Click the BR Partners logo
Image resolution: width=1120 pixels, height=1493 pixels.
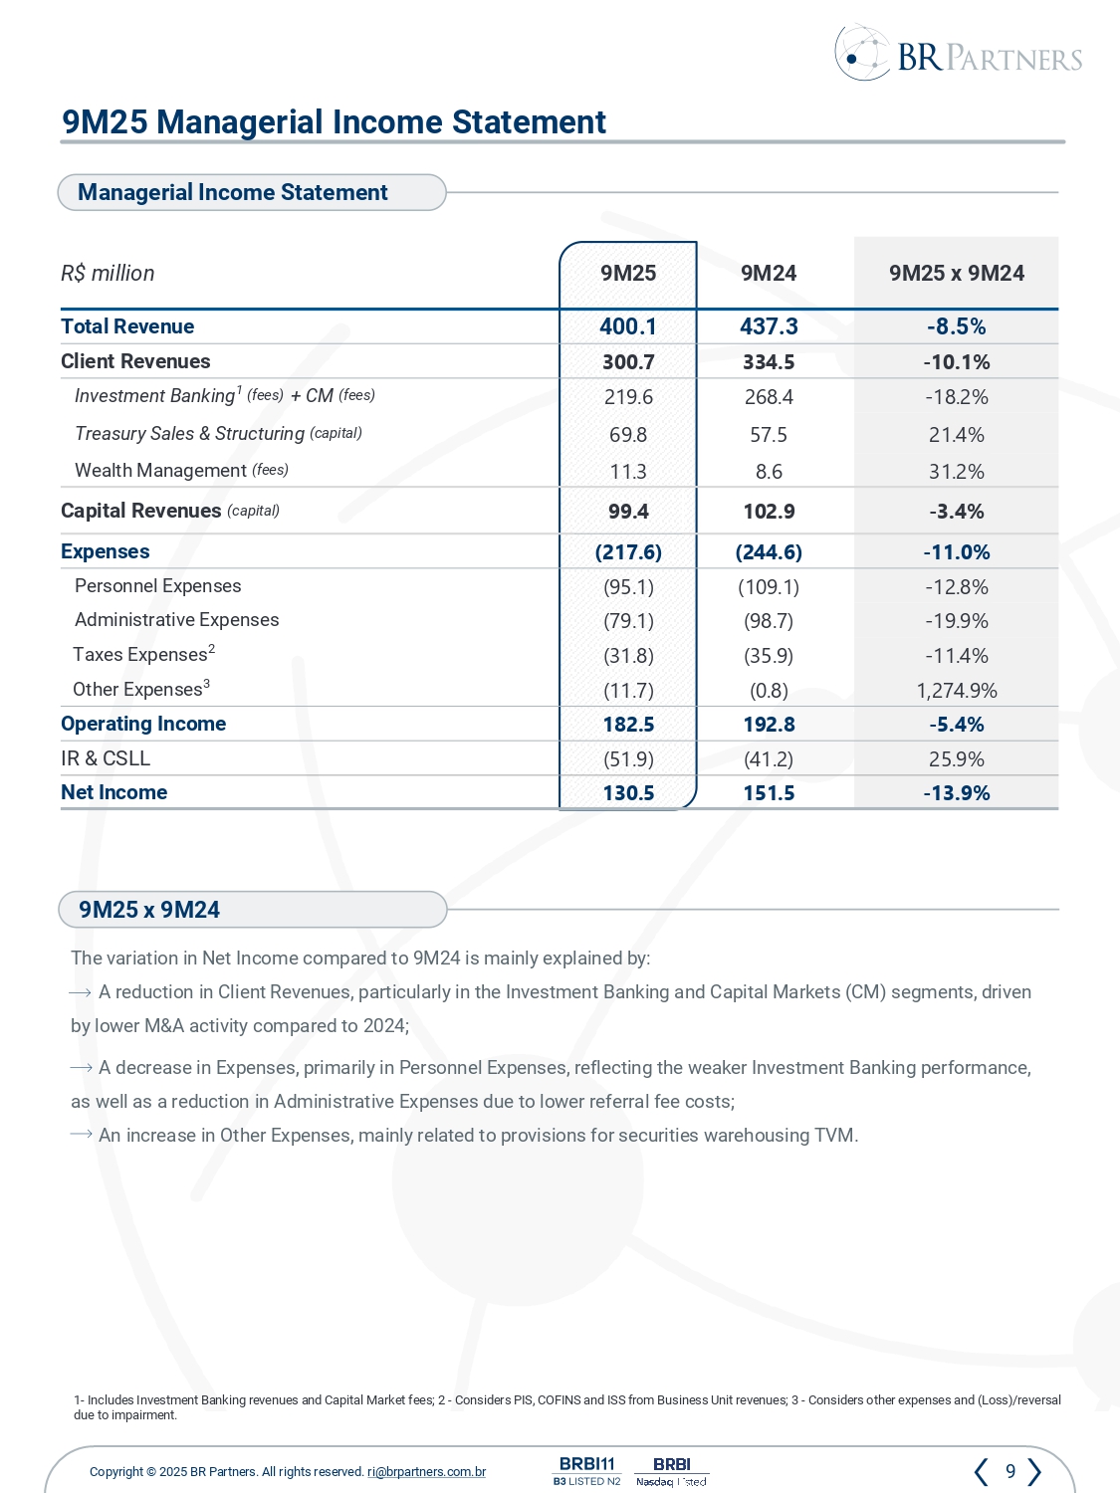tap(958, 54)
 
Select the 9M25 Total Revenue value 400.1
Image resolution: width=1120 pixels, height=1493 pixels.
tap(628, 326)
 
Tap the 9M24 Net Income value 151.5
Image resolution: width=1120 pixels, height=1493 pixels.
tap(769, 793)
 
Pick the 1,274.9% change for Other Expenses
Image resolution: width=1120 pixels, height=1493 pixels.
tap(956, 691)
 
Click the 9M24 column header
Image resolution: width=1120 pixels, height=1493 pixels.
tap(769, 274)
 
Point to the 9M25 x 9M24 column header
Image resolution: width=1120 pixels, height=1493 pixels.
tap(956, 274)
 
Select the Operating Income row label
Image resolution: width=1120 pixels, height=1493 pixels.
tap(143, 724)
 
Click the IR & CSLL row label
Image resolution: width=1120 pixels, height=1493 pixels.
tap(106, 758)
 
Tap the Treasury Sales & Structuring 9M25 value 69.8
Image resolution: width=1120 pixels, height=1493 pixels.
tap(628, 435)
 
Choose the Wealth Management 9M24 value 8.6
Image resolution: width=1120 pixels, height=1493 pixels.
tap(769, 472)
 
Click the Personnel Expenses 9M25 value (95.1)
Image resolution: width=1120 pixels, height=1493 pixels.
tap(628, 587)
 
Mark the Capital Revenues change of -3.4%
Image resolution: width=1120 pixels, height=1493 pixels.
tap(956, 512)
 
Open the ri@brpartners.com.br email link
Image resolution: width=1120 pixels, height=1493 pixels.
tap(426, 1472)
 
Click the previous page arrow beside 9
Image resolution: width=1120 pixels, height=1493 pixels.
tap(982, 1471)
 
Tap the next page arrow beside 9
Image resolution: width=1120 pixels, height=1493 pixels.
tap(1035, 1471)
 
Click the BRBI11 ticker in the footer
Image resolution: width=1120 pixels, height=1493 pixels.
tap(587, 1464)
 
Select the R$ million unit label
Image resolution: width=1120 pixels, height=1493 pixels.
tap(108, 274)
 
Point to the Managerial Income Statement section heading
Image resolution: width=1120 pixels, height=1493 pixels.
tap(233, 192)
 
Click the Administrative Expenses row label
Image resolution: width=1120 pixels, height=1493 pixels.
tap(176, 620)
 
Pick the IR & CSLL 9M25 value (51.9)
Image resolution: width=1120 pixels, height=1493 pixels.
tap(628, 759)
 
